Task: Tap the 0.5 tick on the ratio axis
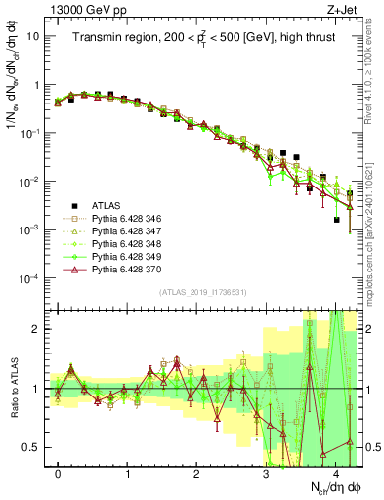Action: tap(32, 448)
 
